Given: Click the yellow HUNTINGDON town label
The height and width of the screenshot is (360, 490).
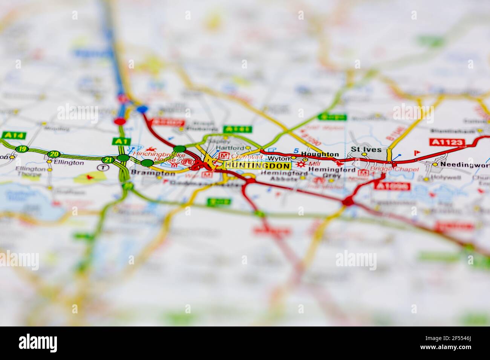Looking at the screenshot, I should pyautogui.click(x=258, y=166).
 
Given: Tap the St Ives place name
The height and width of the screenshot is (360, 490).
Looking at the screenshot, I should pyautogui.click(x=361, y=149).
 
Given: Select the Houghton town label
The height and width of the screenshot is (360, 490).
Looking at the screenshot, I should pyautogui.click(x=320, y=154).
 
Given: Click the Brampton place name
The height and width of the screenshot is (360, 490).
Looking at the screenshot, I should pyautogui.click(x=153, y=174).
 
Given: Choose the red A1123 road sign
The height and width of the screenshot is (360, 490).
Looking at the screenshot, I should pyautogui.click(x=447, y=142).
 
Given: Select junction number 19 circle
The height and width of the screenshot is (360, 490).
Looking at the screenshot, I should pyautogui.click(x=23, y=149).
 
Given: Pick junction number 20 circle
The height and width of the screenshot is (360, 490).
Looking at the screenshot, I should pyautogui.click(x=55, y=154).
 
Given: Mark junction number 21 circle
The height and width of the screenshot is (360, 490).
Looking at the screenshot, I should pyautogui.click(x=109, y=160).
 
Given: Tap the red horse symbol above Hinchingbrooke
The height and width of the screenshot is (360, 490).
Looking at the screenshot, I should pyautogui.click(x=152, y=149).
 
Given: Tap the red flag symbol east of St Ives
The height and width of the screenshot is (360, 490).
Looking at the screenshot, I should pyautogui.click(x=416, y=153).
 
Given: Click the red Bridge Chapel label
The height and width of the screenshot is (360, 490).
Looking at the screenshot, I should pyautogui.click(x=394, y=170).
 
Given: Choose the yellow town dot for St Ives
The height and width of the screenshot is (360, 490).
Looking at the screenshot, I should pyautogui.click(x=364, y=154).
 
